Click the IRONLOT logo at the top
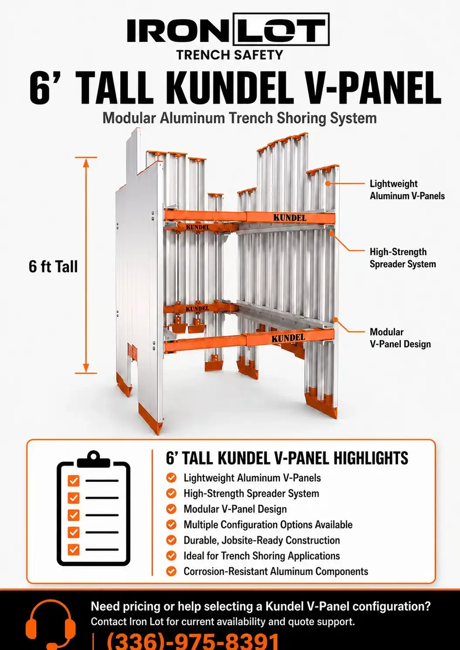pos(228,29)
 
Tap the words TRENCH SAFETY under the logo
pos(230,55)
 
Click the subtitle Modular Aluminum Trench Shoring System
pos(239,118)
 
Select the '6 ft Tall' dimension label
pos(53,266)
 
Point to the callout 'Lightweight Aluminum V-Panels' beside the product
pos(407,190)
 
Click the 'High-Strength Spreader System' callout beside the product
pos(402,258)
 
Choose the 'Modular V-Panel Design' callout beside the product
pos(400,338)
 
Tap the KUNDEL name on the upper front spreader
pos(290,218)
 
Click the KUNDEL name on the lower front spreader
pos(288,338)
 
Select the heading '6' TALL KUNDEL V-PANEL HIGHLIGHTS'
pos(287,458)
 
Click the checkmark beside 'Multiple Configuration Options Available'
pos(171,524)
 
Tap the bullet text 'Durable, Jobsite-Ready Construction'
pos(262,540)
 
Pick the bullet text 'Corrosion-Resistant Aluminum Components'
pos(276,572)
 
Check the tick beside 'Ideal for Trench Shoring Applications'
pos(171,556)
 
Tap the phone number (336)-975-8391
pos(193,641)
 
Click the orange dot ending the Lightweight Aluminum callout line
pos(328,184)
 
